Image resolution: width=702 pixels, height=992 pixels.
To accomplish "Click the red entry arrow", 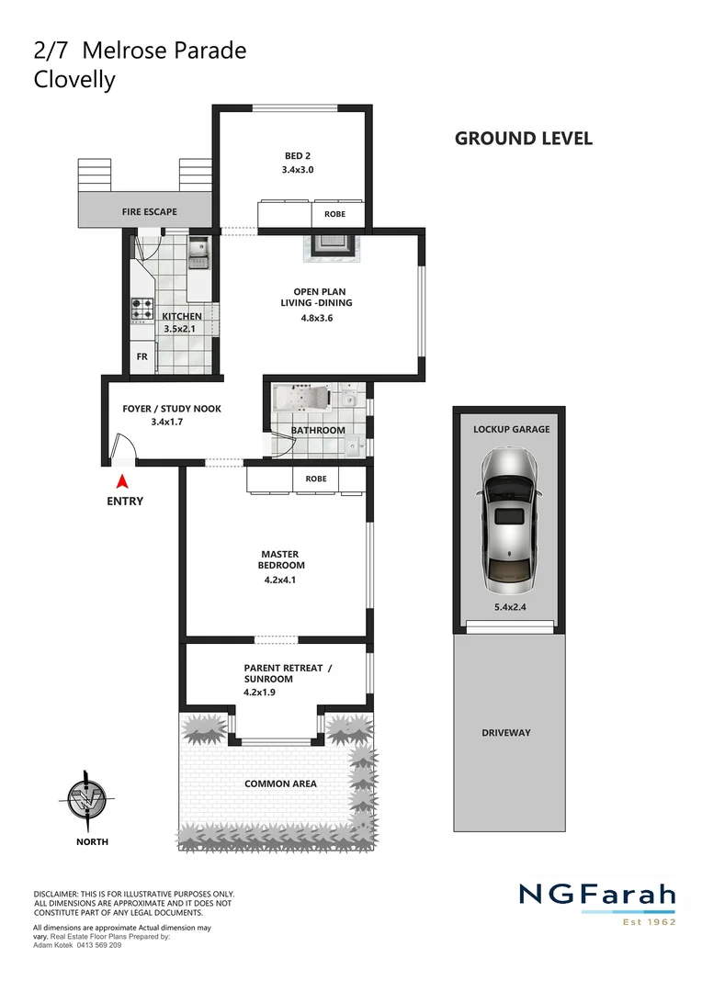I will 121,481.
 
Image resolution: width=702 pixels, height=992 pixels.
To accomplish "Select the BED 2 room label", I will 298,156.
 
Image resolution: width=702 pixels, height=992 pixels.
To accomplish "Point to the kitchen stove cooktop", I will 142,309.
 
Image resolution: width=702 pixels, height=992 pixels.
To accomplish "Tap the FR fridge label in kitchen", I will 142,356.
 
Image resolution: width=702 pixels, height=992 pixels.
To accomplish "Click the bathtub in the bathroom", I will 301,401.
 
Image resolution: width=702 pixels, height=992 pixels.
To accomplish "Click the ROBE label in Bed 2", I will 334,214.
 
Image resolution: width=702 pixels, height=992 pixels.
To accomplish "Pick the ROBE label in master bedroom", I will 316,479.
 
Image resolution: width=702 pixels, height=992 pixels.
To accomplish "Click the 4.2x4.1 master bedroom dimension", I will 282,581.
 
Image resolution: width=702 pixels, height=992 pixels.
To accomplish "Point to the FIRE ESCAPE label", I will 150,211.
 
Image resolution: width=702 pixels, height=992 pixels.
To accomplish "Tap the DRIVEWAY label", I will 506,733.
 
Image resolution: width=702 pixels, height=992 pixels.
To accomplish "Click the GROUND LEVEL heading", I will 524,139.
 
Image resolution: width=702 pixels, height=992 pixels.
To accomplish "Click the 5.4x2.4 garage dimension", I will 507,607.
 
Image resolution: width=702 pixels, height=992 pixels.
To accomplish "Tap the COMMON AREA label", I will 280,783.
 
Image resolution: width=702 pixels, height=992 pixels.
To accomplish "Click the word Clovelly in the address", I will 74,80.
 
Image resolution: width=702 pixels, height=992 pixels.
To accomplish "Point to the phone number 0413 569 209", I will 92,945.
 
